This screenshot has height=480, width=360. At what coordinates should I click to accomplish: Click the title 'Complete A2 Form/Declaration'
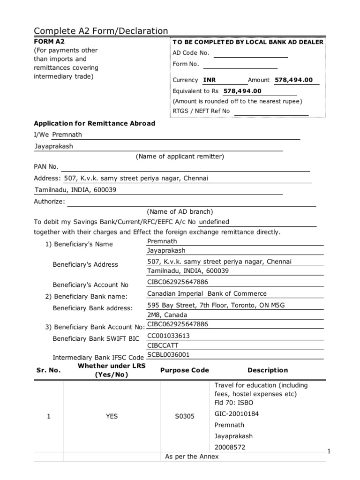tap(101, 31)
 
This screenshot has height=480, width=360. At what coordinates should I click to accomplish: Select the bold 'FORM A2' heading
tap(49, 41)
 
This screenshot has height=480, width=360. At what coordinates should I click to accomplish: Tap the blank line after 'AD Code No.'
tap(250, 53)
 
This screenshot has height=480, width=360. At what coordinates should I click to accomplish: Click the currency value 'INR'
tap(210, 80)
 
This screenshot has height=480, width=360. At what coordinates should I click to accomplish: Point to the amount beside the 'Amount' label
tap(293, 80)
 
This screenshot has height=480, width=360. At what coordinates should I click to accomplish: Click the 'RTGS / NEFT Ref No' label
tap(202, 111)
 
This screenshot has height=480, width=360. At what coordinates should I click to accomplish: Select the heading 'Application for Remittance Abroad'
tap(94, 124)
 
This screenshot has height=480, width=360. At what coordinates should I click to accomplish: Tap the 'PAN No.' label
tap(46, 166)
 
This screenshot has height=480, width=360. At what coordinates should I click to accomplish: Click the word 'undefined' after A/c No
tap(214, 222)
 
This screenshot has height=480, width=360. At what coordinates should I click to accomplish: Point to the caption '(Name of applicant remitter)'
tap(180, 157)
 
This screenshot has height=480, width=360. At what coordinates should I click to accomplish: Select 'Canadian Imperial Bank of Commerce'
tap(207, 294)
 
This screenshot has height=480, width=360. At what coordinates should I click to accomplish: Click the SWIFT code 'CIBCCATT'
tap(163, 345)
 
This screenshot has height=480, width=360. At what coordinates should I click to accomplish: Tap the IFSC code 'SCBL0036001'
tap(168, 355)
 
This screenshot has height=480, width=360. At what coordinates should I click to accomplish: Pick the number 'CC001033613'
tap(168, 336)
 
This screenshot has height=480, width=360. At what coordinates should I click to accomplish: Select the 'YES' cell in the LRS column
tap(112, 416)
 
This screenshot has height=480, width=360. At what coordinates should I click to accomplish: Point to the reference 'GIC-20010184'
tap(236, 414)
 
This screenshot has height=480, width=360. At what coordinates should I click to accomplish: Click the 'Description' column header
tap(268, 370)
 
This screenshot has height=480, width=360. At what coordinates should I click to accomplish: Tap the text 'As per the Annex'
tap(192, 457)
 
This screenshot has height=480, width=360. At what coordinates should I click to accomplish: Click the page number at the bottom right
tap(329, 451)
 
